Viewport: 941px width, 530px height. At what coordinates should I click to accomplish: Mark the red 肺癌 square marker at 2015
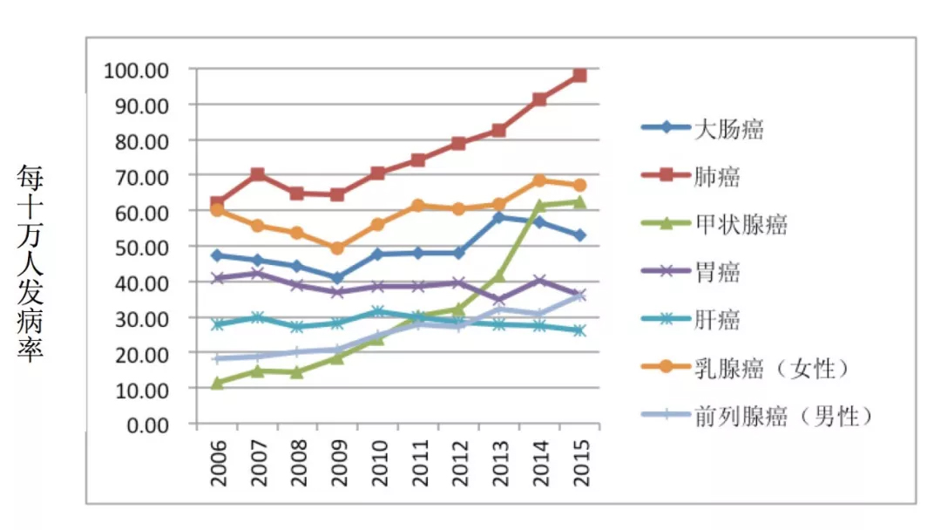tap(579, 76)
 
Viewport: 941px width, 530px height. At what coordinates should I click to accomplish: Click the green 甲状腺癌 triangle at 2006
tap(217, 383)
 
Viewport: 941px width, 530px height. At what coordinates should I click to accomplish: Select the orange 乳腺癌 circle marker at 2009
tap(338, 248)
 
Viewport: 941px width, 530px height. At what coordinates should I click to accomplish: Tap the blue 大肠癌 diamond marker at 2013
tap(498, 217)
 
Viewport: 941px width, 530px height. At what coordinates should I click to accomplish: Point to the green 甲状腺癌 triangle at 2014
tap(539, 206)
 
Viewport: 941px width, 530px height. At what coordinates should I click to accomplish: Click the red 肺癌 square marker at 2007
tap(257, 175)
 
